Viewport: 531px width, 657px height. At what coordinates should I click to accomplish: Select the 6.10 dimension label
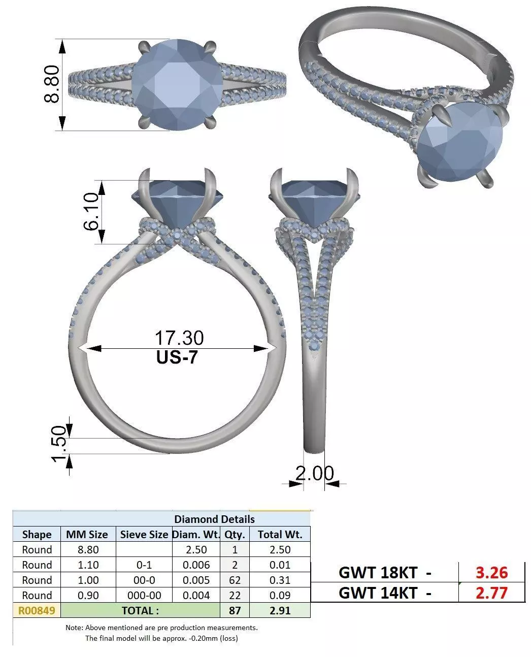91,212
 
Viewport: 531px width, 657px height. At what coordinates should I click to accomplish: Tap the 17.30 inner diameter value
179,338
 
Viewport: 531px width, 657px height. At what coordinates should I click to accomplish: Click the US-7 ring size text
177,357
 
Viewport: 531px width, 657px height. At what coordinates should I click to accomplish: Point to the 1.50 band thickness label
59,445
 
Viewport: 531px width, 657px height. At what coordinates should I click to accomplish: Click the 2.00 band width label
315,473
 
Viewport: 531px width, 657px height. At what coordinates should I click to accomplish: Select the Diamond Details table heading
214,519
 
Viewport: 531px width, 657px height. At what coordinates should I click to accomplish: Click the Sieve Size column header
144,534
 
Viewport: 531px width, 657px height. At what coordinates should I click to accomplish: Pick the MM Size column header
87,534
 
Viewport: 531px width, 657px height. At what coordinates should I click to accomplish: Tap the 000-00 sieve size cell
144,595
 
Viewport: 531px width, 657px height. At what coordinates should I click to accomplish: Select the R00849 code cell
37,610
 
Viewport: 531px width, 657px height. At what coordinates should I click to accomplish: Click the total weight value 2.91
280,610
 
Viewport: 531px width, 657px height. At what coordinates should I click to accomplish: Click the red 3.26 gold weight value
491,572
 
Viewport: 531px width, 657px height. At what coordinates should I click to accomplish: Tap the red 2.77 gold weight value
491,593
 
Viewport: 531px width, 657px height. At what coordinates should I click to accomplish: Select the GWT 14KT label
378,593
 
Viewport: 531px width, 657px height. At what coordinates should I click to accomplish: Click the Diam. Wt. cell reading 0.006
196,565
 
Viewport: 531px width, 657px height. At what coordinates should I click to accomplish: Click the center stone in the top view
177,84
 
